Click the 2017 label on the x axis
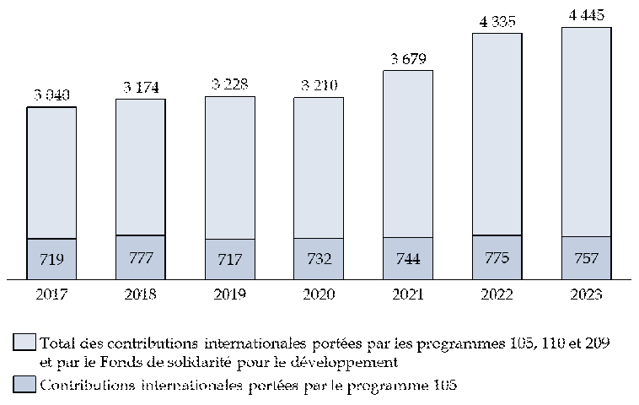pos(51,294)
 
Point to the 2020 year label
pos(319,294)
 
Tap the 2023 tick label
pos(586,294)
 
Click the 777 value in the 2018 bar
pos(141,257)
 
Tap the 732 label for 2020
pos(319,259)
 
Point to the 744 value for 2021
pos(408,259)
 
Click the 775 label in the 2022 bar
pos(497,257)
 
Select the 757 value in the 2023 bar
pos(586,258)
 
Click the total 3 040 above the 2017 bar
pos(51,95)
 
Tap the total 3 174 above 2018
pos(141,87)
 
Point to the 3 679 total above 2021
pos(408,58)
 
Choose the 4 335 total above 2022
pos(497,21)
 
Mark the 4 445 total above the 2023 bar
pos(586,15)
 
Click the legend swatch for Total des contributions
pos(25,343)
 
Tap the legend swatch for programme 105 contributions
pos(25,385)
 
